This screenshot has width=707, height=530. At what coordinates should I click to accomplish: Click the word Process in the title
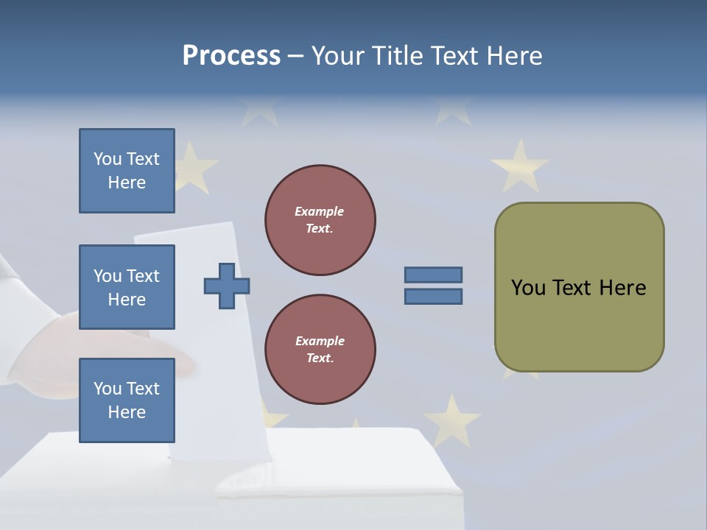231,56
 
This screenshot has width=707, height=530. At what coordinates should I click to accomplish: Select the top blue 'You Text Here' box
127,171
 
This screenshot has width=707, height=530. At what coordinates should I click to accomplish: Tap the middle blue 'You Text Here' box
127,287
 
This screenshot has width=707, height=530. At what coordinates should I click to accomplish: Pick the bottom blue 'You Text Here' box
127,400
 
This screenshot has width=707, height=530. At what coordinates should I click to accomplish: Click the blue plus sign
227,286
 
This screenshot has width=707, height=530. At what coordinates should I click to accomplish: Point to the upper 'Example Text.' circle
320,220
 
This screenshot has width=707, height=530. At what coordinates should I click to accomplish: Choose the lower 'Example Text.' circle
320,350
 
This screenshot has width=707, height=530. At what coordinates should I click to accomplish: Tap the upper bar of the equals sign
433,275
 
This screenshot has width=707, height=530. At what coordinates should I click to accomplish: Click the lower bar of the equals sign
433,296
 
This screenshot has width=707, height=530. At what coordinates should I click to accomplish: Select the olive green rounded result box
579,324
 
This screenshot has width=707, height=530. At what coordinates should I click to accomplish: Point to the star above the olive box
519,166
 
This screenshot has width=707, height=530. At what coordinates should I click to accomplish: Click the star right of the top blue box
193,166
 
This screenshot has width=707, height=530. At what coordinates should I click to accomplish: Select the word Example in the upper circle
320,211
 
